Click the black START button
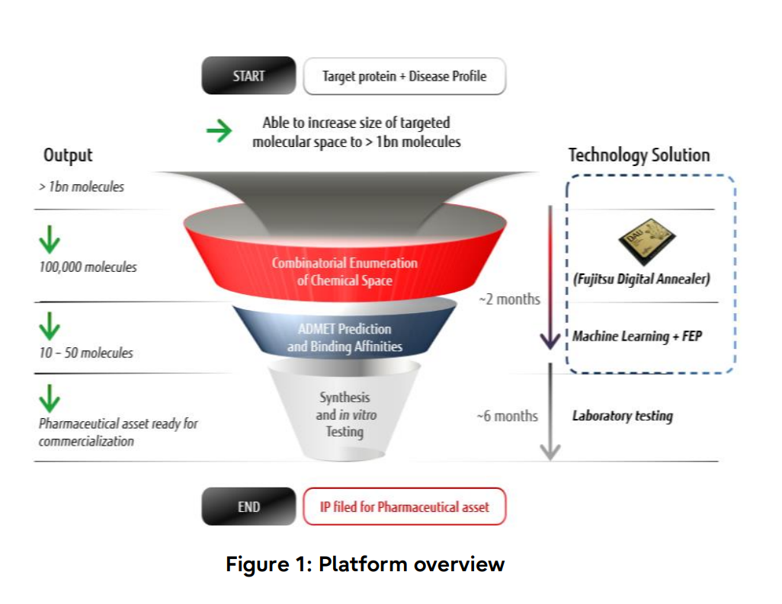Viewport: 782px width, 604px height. [248, 76]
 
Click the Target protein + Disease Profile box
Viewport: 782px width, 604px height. [404, 76]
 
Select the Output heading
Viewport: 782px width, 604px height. [68, 155]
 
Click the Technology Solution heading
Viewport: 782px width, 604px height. [639, 155]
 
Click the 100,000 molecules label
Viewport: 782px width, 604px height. [88, 267]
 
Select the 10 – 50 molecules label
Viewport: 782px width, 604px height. [86, 353]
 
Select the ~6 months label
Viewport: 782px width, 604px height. [507, 416]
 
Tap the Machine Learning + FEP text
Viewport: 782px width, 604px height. [636, 336]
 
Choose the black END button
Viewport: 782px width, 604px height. [248, 507]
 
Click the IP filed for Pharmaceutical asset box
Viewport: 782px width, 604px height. [404, 507]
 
